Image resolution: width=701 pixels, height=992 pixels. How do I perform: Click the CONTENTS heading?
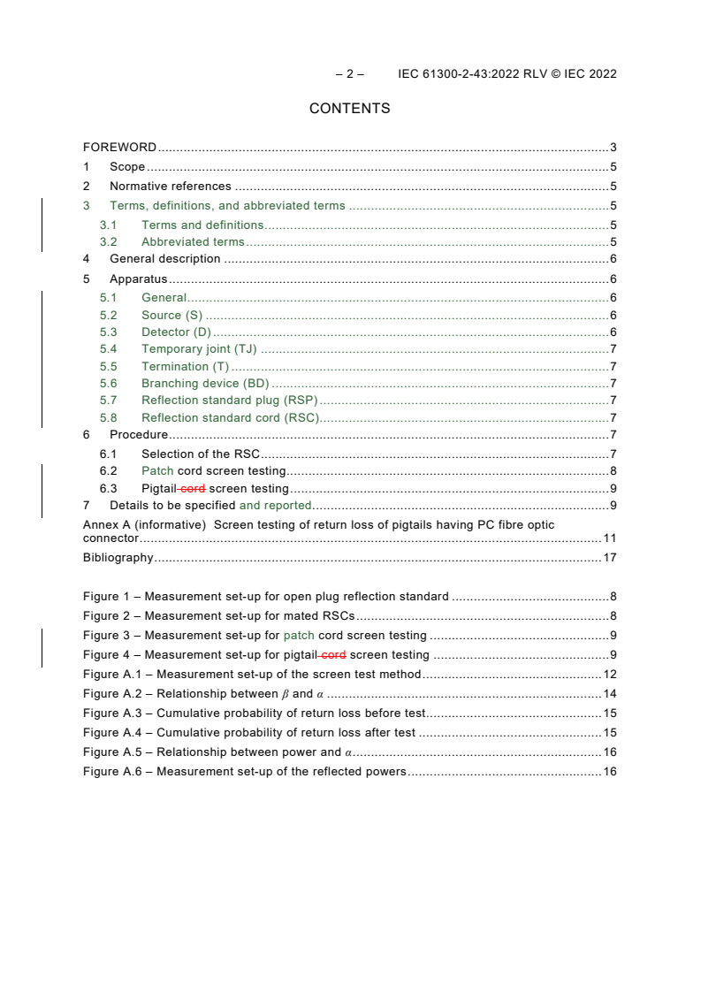(349, 109)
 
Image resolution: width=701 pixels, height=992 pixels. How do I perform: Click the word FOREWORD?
(119, 148)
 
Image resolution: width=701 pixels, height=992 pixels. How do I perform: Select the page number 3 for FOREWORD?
(613, 148)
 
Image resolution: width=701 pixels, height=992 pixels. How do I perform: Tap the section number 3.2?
(109, 242)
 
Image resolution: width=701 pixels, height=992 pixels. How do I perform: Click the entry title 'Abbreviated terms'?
(193, 242)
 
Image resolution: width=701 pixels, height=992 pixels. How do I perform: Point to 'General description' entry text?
(164, 259)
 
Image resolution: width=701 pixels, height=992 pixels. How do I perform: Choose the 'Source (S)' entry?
(171, 316)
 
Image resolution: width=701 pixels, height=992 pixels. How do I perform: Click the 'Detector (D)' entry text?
(176, 332)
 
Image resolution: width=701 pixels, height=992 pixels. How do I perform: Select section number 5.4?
(109, 349)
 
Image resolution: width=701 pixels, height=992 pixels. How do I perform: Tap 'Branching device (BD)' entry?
(205, 384)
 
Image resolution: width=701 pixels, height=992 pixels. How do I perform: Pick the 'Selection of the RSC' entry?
(201, 454)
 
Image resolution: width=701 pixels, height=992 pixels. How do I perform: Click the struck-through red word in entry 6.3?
(193, 489)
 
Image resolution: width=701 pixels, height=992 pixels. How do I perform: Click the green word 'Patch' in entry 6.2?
(157, 471)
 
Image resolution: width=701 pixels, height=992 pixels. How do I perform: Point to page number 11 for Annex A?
(609, 538)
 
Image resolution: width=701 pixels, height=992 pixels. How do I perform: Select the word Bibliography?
(118, 558)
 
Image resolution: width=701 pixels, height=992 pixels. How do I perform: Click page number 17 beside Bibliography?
(609, 558)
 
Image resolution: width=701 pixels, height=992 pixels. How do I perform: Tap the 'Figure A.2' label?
(116, 694)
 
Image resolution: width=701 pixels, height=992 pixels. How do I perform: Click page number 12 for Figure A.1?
(609, 675)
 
